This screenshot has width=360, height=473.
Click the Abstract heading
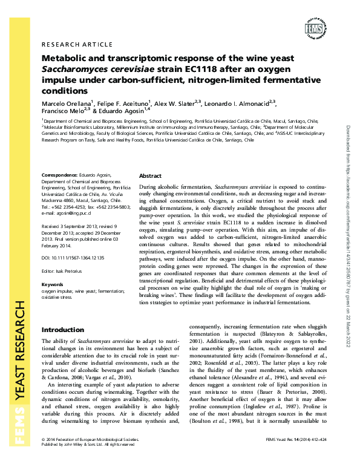(151, 175)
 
